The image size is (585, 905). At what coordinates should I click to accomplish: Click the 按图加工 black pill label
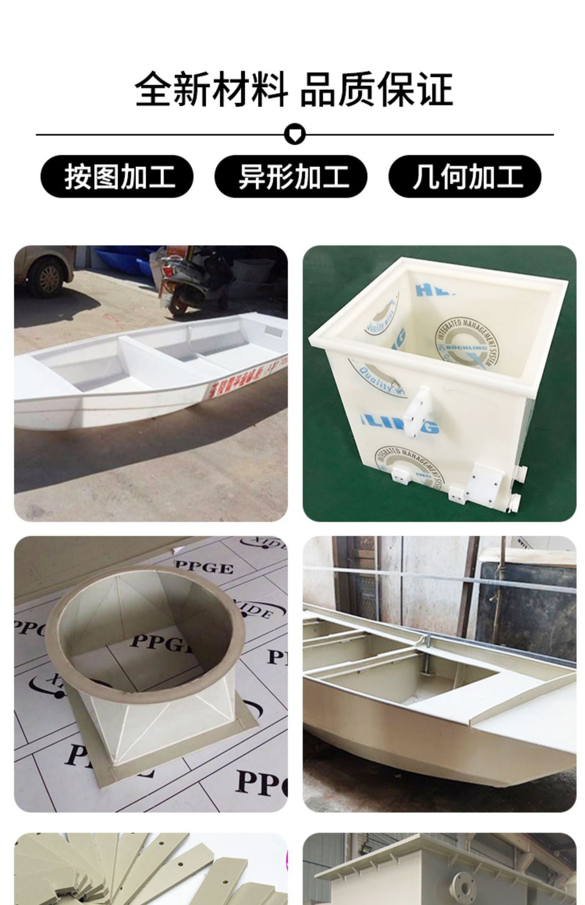click(x=117, y=176)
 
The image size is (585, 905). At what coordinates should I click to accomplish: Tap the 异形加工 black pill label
click(x=291, y=176)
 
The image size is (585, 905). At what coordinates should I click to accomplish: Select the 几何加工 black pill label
click(x=465, y=176)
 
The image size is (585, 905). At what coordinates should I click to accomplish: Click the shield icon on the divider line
click(x=295, y=134)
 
